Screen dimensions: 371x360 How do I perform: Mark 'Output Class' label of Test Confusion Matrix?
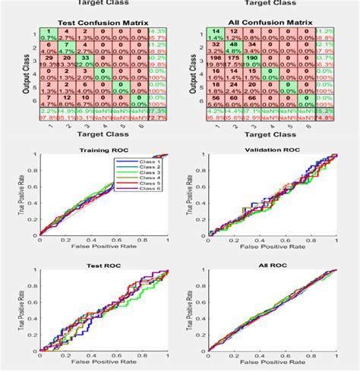[x=14, y=72]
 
